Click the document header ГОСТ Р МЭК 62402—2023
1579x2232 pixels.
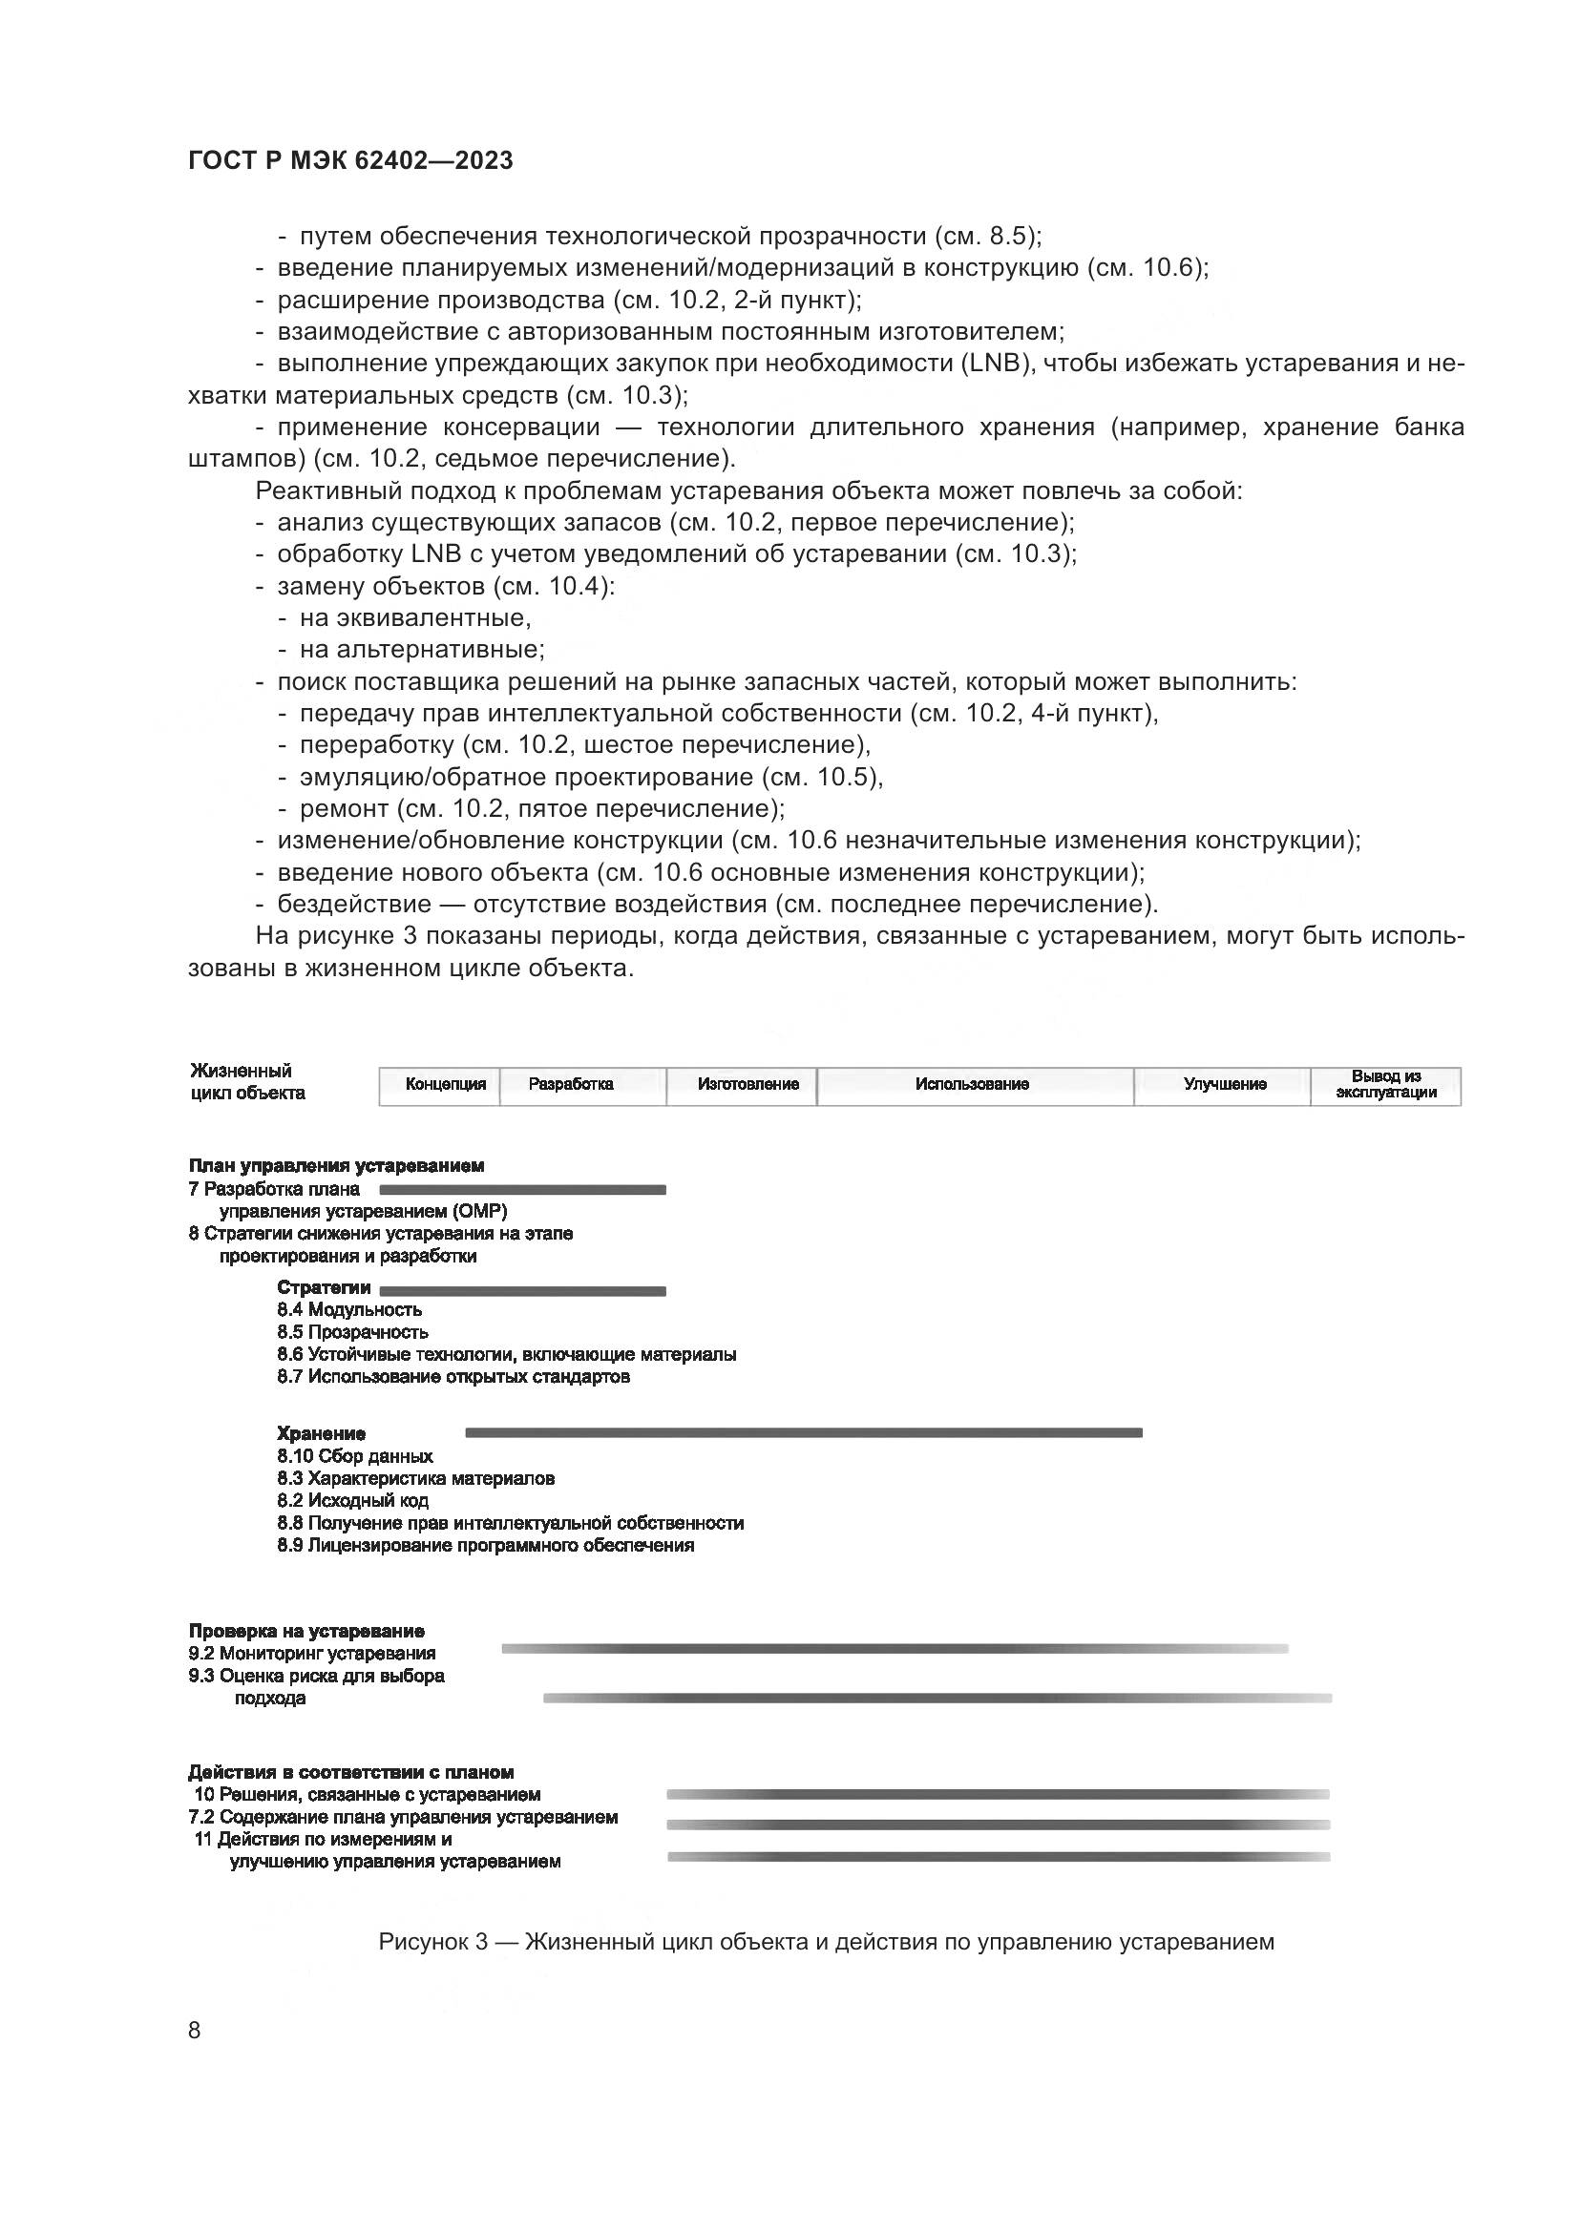(350, 160)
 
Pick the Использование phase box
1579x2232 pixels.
(975, 1085)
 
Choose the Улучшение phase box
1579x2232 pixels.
(1222, 1085)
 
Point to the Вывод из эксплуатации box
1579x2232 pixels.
(1385, 1085)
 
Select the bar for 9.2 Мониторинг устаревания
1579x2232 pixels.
(895, 1649)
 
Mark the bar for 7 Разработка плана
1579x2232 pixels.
(522, 1190)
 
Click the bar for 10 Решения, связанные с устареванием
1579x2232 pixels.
(998, 1795)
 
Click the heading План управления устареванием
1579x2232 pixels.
(336, 1165)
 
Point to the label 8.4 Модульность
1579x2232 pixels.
(349, 1310)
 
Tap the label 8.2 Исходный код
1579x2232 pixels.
(352, 1501)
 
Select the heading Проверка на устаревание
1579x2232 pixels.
(306, 1631)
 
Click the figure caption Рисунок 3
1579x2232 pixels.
(826, 1942)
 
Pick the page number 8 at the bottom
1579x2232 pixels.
(195, 2030)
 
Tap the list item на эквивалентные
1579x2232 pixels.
(415, 618)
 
